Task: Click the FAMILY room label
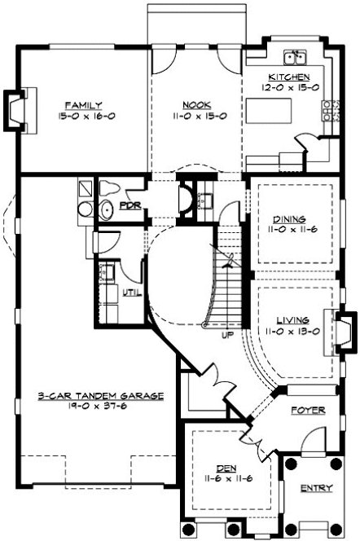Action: point(84,105)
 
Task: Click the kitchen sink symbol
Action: point(294,59)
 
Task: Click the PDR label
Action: point(130,206)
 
